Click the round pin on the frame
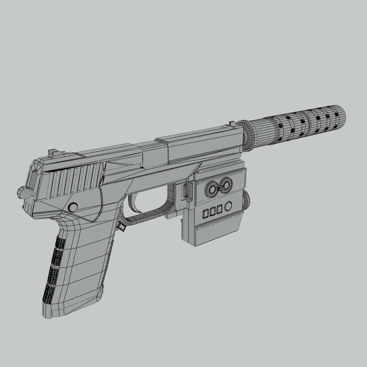[73, 207]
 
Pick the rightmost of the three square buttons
[219, 209]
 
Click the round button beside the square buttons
[228, 206]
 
